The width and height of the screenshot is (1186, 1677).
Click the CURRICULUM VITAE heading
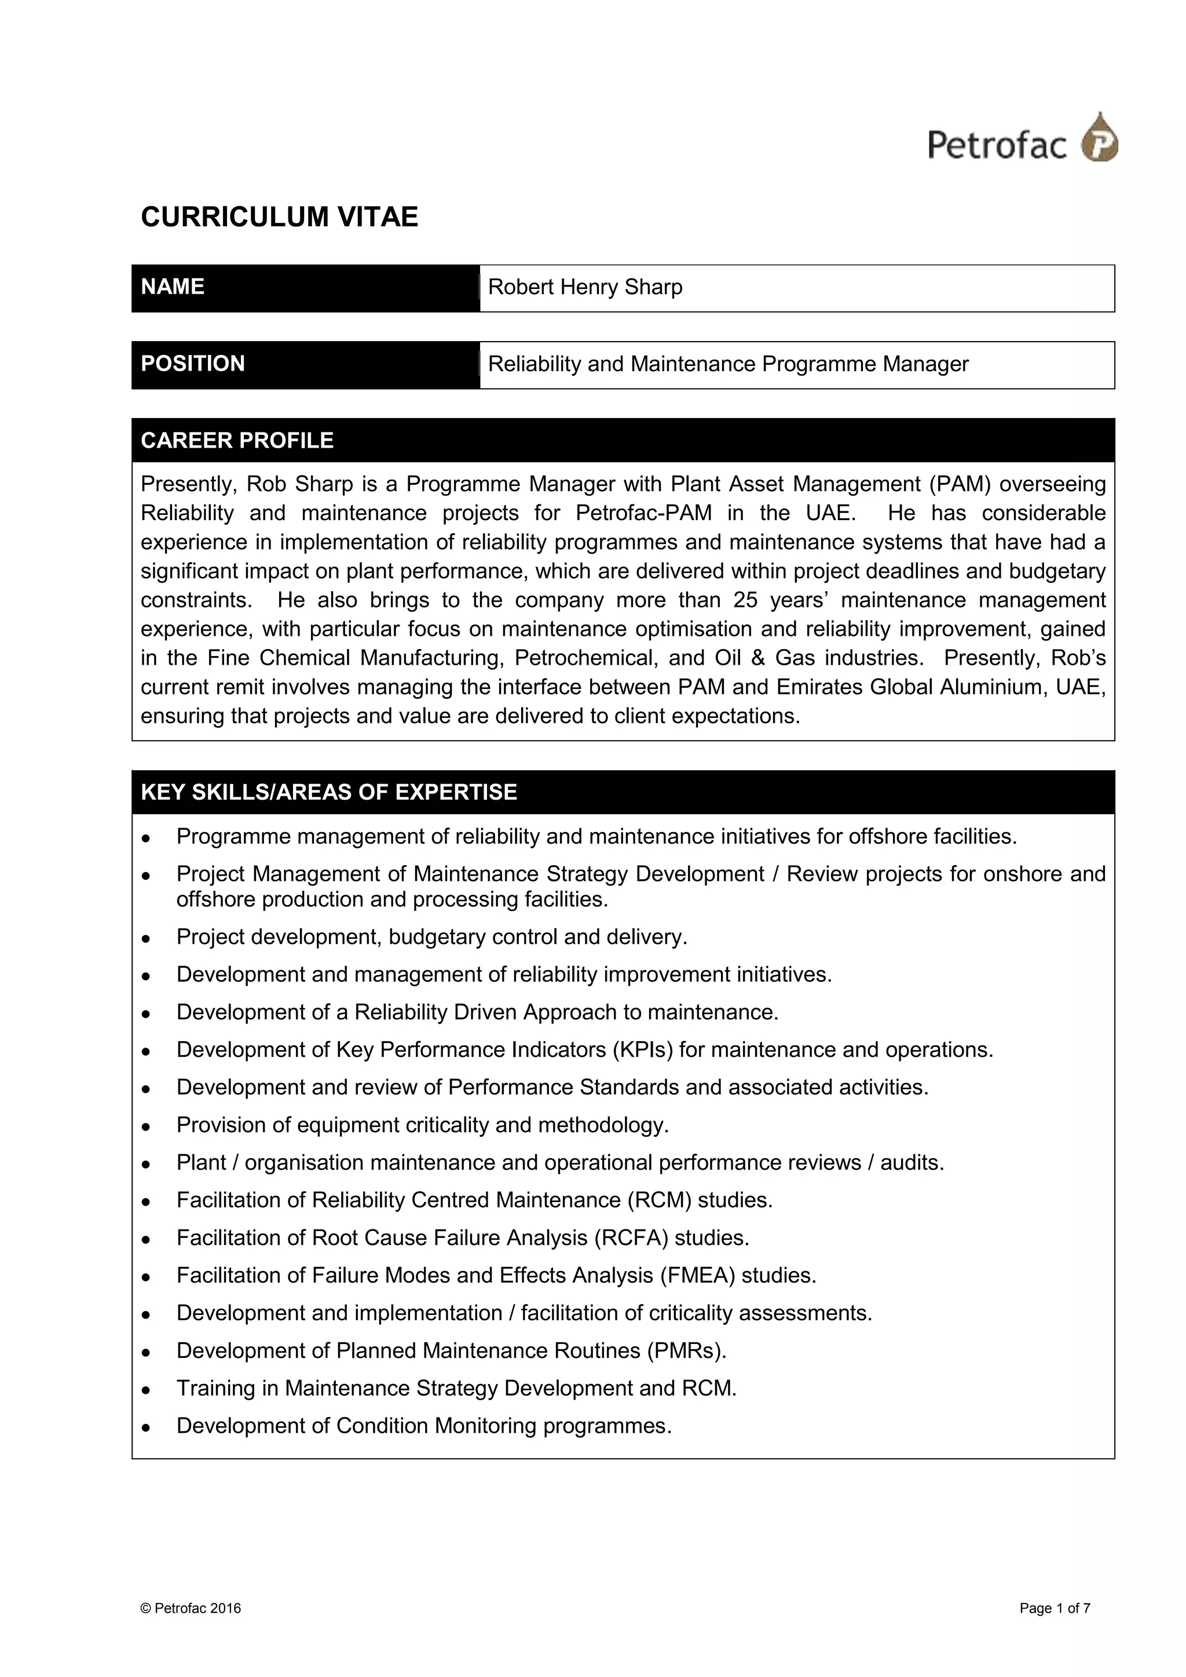279,217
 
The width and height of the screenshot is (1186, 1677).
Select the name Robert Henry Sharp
585,287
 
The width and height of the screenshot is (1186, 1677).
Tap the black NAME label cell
305,288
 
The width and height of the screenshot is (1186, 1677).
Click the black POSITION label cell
305,364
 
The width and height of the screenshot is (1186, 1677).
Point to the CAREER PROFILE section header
237,441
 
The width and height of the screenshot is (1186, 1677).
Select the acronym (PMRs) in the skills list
686,1350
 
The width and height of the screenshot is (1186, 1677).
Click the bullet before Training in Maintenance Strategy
146,1389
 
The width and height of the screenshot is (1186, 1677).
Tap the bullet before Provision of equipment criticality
146,1126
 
